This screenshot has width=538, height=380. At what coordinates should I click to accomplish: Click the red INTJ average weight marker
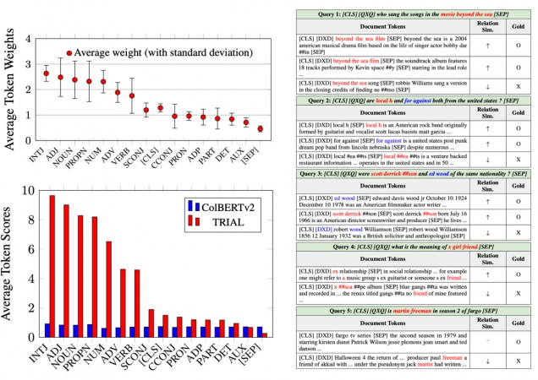pos(47,73)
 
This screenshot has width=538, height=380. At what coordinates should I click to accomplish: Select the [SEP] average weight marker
pos(260,129)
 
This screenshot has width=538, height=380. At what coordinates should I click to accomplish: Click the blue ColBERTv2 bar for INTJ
pos(47,330)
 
